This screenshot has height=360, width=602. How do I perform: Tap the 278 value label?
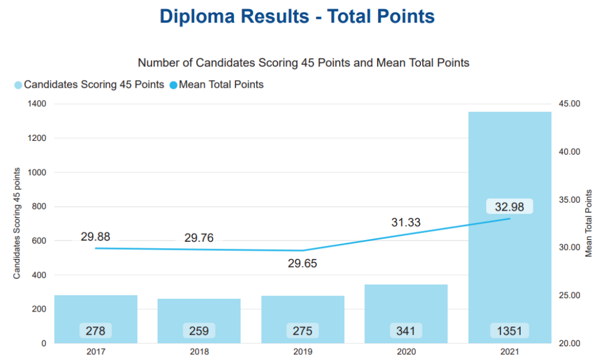click(x=96, y=331)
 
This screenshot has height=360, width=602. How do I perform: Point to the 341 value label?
click(x=406, y=331)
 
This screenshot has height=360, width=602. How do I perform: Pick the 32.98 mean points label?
click(x=509, y=206)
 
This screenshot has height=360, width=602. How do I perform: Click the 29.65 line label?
click(x=302, y=264)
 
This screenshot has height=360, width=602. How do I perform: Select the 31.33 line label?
click(x=405, y=222)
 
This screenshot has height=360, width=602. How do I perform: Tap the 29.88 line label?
click(x=95, y=236)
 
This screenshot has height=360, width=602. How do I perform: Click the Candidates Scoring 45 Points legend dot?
click(x=18, y=85)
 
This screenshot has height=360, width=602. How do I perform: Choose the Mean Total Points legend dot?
click(x=174, y=85)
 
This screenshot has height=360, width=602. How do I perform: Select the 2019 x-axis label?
click(x=302, y=351)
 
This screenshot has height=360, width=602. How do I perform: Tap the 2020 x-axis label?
click(x=406, y=351)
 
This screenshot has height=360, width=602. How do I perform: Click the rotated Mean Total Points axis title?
click(x=589, y=223)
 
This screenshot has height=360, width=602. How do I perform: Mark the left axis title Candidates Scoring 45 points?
click(x=17, y=223)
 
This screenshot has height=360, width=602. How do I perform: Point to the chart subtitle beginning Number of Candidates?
click(x=303, y=62)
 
